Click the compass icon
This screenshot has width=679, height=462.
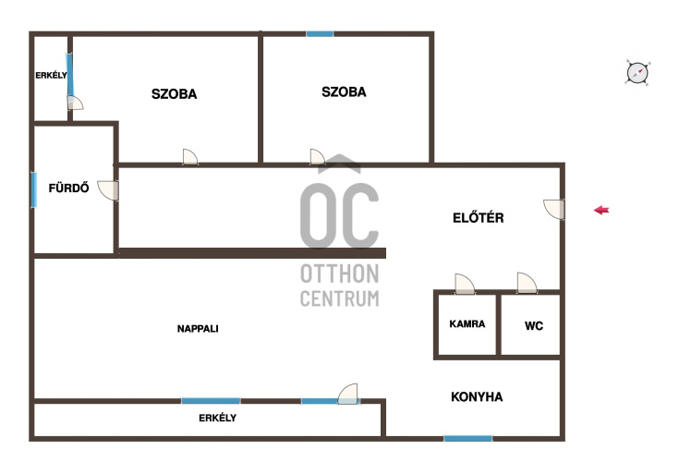[x=637, y=72]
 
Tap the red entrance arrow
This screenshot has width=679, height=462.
[x=601, y=210]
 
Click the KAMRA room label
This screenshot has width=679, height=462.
[x=467, y=324]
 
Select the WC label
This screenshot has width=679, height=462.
[x=534, y=325]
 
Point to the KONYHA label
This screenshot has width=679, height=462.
[x=477, y=396]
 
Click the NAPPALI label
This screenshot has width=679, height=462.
[x=198, y=329]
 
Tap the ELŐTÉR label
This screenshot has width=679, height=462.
[x=479, y=217]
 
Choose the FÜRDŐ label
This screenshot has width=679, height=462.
[x=69, y=188]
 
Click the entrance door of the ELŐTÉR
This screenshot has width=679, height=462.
[x=554, y=209]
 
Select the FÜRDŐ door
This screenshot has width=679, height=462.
[x=108, y=190]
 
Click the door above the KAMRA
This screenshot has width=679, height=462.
[x=465, y=284]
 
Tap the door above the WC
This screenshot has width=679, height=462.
[x=527, y=283]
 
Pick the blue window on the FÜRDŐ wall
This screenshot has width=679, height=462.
[x=34, y=189]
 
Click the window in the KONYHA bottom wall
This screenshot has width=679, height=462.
[x=468, y=439]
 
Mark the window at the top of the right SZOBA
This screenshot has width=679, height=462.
[x=320, y=34]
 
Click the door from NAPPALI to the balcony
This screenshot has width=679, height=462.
[x=348, y=394]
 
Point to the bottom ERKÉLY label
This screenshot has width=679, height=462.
[x=217, y=418]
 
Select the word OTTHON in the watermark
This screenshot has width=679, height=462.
[x=340, y=274]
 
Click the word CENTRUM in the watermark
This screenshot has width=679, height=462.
[x=340, y=298]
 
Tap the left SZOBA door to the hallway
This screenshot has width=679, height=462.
[x=190, y=157]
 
